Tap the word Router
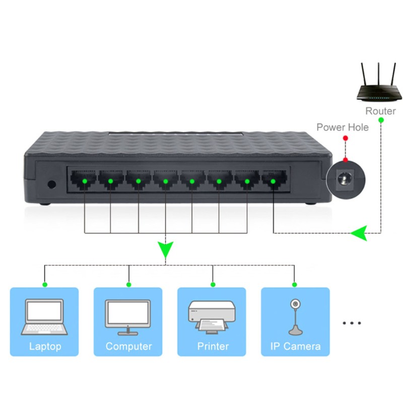pyautogui.click(x=380, y=111)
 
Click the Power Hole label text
pyautogui.click(x=342, y=127)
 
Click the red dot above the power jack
pyautogui.click(x=345, y=160)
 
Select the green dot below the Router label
pyautogui.click(x=381, y=120)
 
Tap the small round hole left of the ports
pyautogui.click(x=51, y=184)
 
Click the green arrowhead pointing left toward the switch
pyautogui.click(x=359, y=233)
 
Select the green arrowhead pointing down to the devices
pyautogui.click(x=165, y=249)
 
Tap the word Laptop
pyautogui.click(x=45, y=346)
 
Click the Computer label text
pyautogui.click(x=128, y=346)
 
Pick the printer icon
pyautogui.click(x=212, y=317)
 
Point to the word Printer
pyautogui.click(x=213, y=346)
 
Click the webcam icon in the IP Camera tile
pyautogui.click(x=294, y=317)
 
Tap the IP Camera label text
pyautogui.click(x=295, y=346)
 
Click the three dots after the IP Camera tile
pyautogui.click(x=352, y=322)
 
